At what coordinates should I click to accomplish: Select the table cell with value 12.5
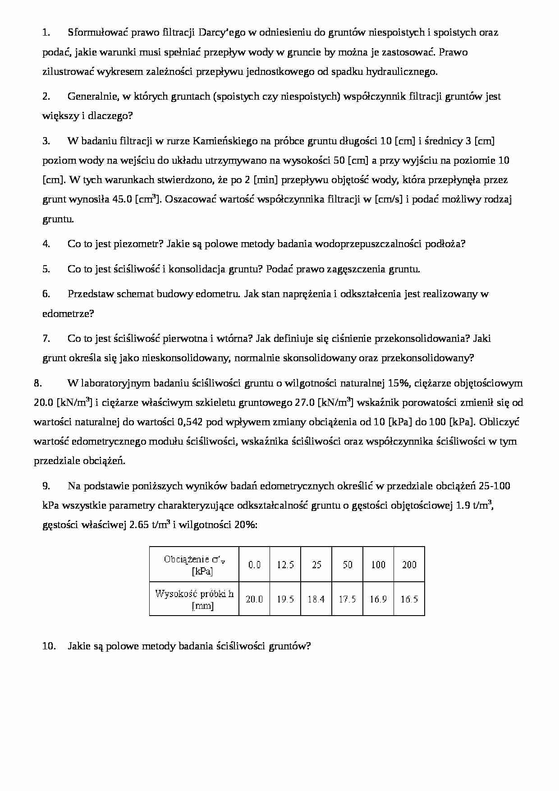(285, 565)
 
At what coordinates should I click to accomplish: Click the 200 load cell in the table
(409, 565)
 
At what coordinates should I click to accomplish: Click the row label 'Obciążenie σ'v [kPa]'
(194, 565)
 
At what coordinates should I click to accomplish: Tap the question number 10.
(49, 646)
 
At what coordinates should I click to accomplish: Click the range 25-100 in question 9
(494, 486)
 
